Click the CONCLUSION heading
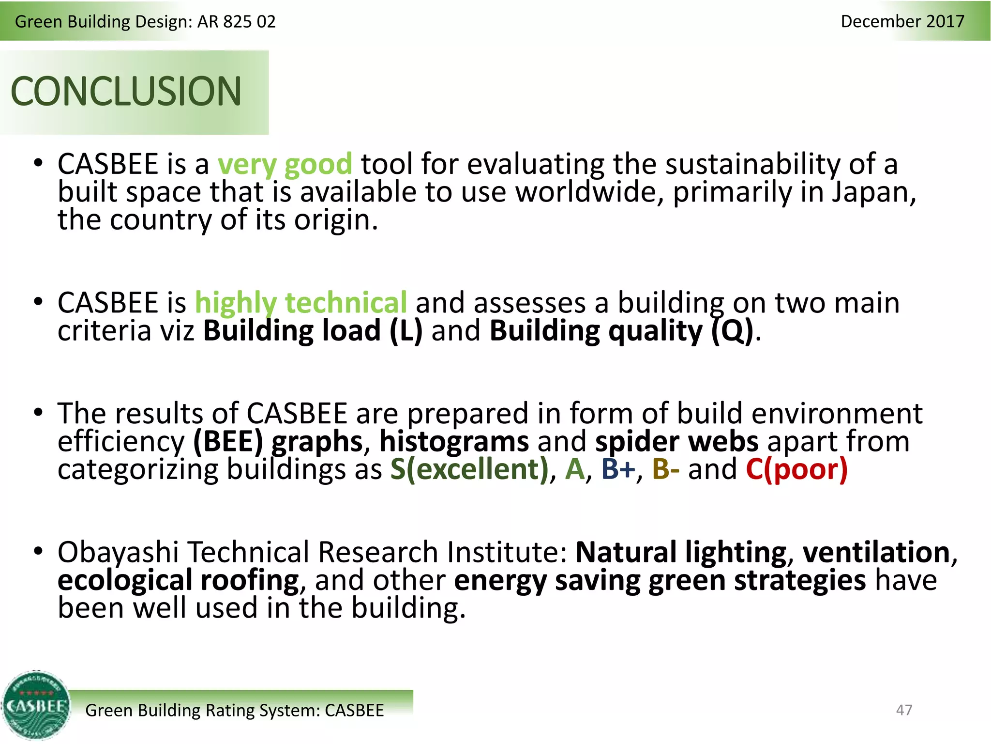coord(126,92)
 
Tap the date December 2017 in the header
coord(902,21)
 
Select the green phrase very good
coord(285,164)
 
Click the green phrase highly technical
coord(300,303)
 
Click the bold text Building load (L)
coord(313,331)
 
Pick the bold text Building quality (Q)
coord(621,331)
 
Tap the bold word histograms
coord(454,442)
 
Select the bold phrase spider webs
coord(676,442)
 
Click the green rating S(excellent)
coord(469,469)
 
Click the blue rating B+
coord(618,469)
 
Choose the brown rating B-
coord(665,469)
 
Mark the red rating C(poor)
coord(796,469)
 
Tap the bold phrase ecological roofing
coord(178,580)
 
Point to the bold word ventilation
coord(876,553)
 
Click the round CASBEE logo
coord(36,706)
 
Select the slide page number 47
coord(904,710)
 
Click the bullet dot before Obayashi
coord(38,551)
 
